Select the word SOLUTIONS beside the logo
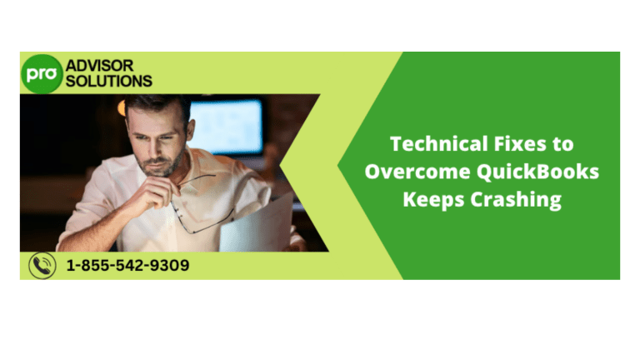[x=107, y=81]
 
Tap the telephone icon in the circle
[x=42, y=265]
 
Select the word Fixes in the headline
[x=517, y=143]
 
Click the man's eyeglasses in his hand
[x=200, y=200]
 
